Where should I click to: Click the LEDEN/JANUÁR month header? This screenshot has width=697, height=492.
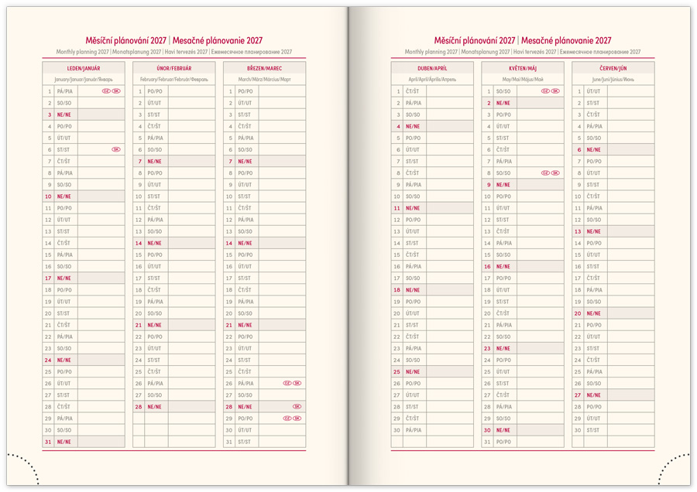[x=84, y=68]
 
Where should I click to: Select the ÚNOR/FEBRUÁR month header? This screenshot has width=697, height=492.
[x=174, y=68]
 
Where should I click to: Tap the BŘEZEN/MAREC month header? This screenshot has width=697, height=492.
[x=265, y=68]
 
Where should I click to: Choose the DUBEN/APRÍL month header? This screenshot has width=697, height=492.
[x=432, y=68]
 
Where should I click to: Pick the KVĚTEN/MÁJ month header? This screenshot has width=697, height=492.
[x=523, y=68]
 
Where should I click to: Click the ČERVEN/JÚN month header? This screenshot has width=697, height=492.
[x=613, y=68]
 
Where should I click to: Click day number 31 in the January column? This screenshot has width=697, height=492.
[x=48, y=442]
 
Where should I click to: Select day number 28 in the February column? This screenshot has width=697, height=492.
[x=139, y=407]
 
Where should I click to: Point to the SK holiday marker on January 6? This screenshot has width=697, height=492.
[x=116, y=149]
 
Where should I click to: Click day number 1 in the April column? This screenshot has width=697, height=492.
[x=397, y=91]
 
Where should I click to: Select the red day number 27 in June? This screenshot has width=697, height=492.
[x=578, y=395]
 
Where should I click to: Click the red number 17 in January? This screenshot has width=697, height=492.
[x=48, y=278]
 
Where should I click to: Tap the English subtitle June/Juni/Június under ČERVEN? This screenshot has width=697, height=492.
[x=613, y=80]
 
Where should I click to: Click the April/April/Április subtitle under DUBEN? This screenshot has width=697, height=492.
[x=432, y=80]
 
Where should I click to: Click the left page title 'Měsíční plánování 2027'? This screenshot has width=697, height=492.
[x=127, y=41]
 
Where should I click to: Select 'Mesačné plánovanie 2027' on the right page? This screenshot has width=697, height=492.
[x=566, y=41]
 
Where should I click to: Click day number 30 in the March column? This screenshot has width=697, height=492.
[x=229, y=430]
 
